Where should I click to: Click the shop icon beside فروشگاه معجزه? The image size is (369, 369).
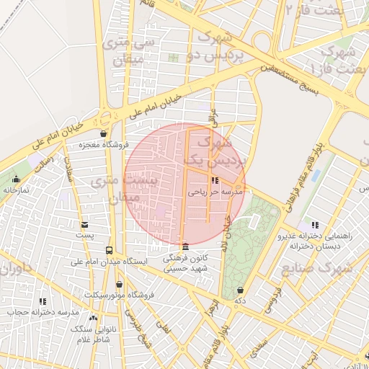click(x=104, y=134)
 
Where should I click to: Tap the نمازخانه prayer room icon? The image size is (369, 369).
click(x=16, y=179)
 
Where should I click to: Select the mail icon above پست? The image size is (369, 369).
click(x=85, y=225)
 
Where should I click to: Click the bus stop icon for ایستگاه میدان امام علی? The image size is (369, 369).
click(x=109, y=250)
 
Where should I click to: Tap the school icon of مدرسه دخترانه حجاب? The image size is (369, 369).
click(x=43, y=301)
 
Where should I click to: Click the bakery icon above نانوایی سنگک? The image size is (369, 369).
click(x=92, y=317)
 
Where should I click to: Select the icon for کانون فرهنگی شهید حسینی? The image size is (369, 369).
click(x=186, y=246)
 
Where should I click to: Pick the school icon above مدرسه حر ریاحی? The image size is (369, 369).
click(x=215, y=180)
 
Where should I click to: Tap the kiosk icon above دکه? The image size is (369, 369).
click(x=240, y=290)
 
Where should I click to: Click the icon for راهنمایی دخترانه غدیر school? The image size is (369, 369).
click(x=314, y=225)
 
